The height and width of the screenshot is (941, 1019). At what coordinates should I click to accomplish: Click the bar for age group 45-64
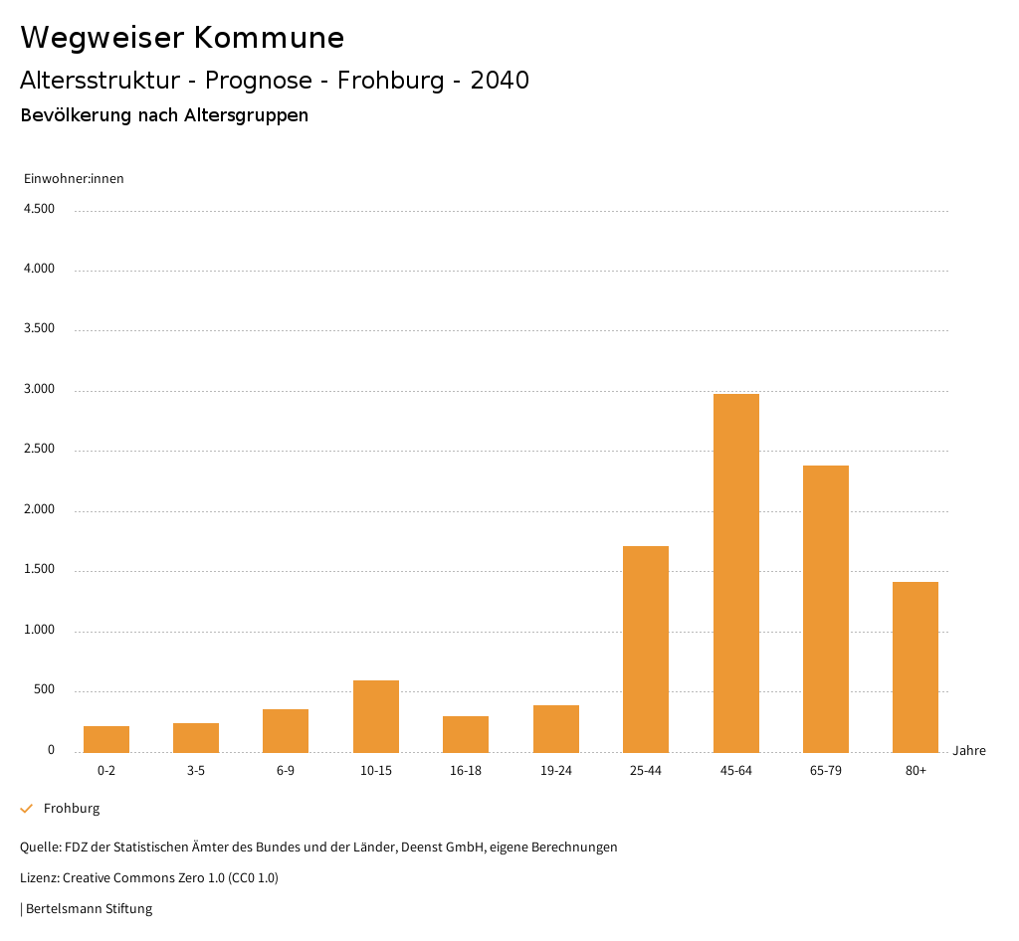coord(735,573)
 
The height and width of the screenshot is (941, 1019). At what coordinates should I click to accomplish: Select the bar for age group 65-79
coord(825,609)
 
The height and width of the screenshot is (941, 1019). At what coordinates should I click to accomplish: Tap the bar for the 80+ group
coord(915,666)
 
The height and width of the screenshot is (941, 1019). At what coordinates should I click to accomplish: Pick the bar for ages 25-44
coord(646,649)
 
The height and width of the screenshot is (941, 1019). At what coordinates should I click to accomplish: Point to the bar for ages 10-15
coord(376,716)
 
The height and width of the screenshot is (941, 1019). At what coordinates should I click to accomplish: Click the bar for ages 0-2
coord(106,739)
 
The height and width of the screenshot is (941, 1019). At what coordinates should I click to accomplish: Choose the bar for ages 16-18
coord(466,734)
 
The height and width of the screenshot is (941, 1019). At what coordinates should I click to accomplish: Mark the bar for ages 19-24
coord(555,728)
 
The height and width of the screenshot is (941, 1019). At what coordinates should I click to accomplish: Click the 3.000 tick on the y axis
coord(39,389)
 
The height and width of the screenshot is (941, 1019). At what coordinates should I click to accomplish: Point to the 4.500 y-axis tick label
coord(39,209)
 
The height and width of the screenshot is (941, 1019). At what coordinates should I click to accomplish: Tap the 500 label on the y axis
coord(44,690)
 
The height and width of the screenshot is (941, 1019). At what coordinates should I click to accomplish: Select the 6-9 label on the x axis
coord(286,771)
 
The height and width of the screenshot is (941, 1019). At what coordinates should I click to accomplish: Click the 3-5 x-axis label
coord(196,771)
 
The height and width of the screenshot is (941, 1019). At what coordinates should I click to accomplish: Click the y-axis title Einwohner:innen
coord(74,179)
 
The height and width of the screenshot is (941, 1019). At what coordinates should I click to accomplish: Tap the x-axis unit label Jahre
coord(968,751)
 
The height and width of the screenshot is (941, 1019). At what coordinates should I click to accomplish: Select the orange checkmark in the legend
coord(27,809)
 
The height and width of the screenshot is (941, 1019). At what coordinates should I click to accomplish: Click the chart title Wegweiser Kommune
coord(182,38)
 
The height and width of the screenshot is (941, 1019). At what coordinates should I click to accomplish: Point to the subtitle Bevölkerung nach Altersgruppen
coord(164,115)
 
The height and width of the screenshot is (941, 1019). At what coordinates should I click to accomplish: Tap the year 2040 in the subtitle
coord(500,81)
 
